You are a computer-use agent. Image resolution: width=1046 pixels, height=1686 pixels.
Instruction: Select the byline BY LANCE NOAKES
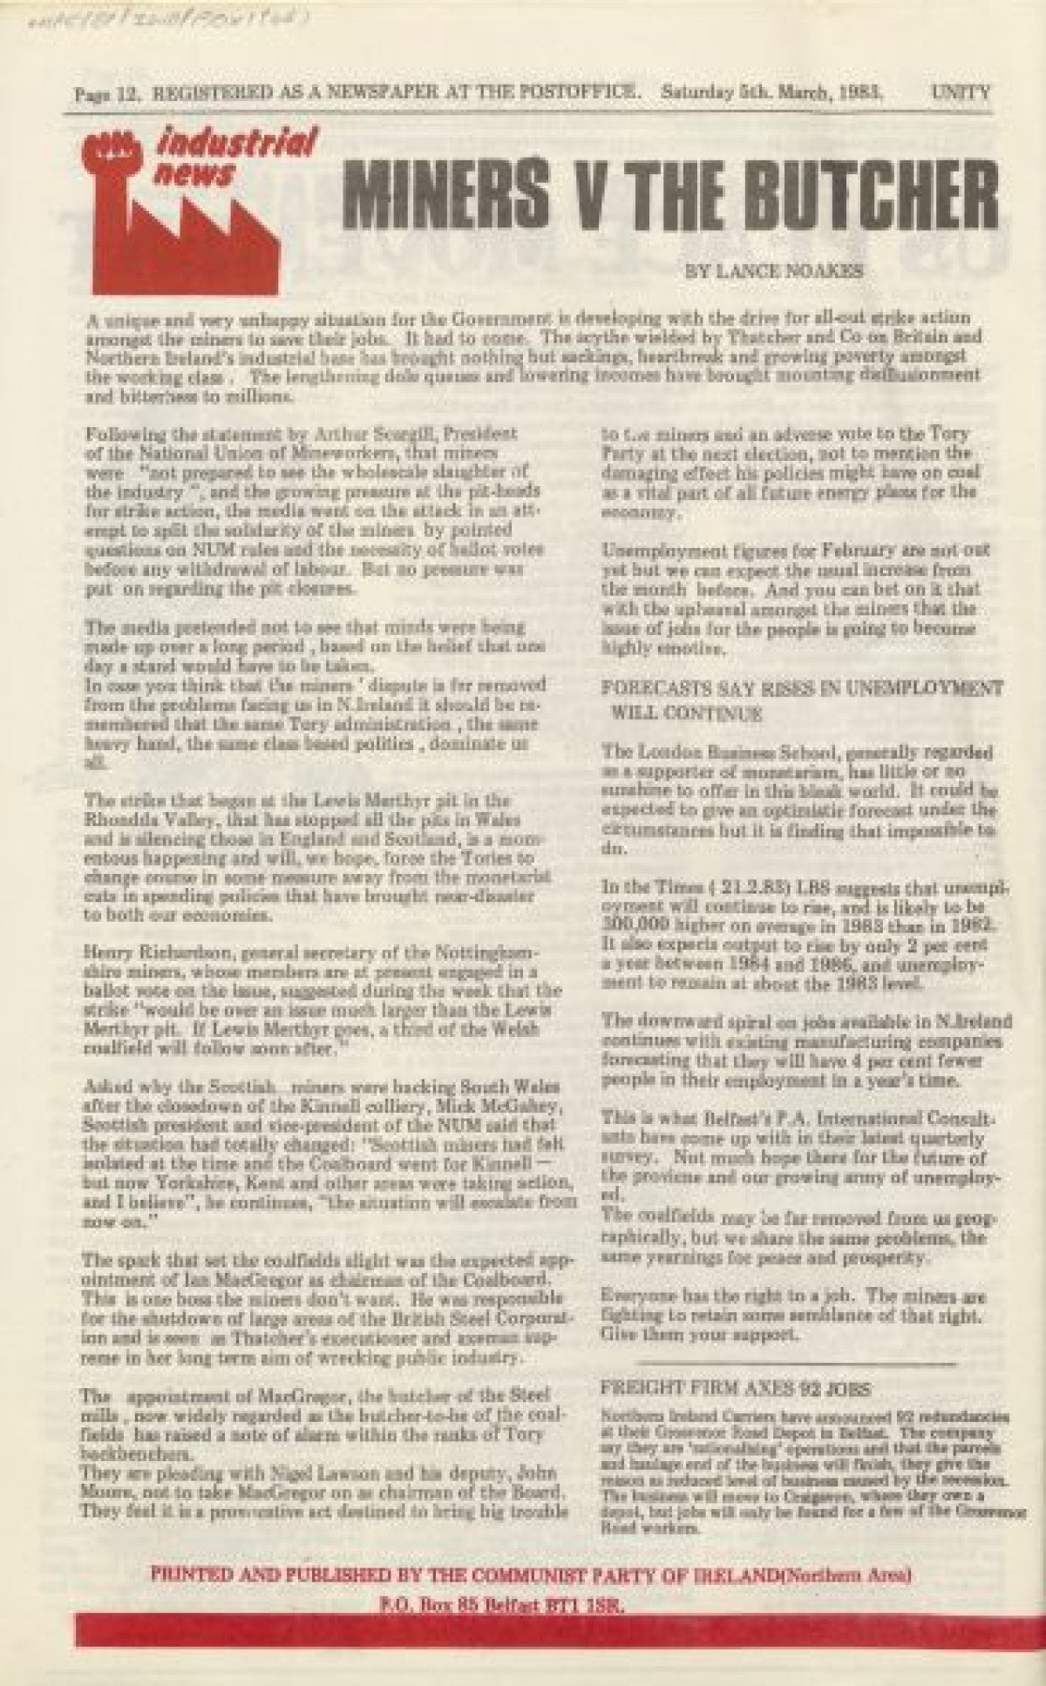775,271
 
